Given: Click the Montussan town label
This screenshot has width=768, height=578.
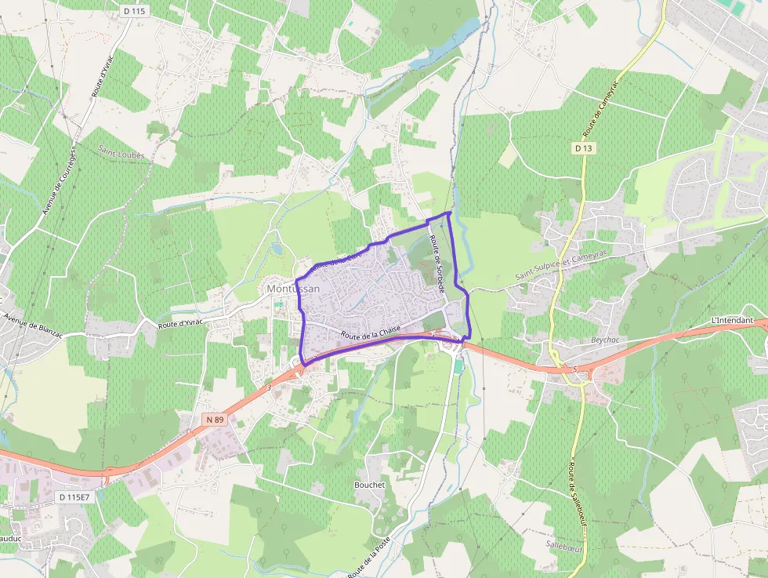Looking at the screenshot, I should pyautogui.click(x=293, y=289).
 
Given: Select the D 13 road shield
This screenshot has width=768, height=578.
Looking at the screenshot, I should pyautogui.click(x=583, y=147).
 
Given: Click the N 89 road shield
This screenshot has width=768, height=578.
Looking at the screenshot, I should pyautogui.click(x=215, y=420).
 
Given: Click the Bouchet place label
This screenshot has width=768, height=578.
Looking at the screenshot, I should pyautogui.click(x=370, y=485).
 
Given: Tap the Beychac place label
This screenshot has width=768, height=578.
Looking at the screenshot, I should pyautogui.click(x=603, y=341).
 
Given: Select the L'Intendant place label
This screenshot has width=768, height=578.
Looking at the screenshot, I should pyautogui.click(x=731, y=321).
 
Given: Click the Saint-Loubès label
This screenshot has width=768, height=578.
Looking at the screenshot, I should pyautogui.click(x=121, y=154).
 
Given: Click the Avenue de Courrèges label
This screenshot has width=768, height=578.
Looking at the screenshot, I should pyautogui.click(x=60, y=181).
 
